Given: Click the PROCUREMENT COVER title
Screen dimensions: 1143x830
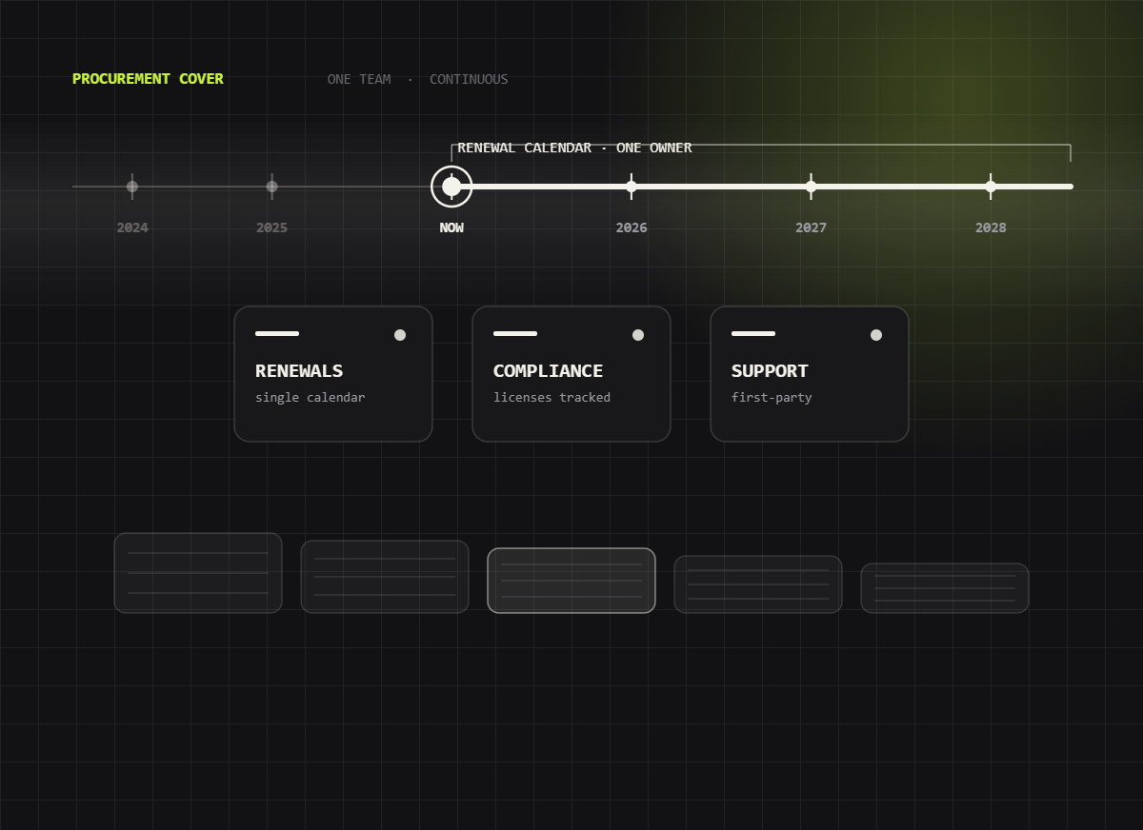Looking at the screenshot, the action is [148, 79].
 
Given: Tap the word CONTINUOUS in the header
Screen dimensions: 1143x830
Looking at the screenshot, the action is [469, 80].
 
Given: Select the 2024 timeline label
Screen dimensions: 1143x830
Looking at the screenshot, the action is [132, 227].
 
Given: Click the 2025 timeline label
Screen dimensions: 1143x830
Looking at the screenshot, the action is [272, 227].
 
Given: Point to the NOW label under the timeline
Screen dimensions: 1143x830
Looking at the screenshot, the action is [451, 227].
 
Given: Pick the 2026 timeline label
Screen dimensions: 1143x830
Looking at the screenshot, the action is [632, 227].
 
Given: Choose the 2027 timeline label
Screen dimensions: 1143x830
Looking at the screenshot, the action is [811, 227].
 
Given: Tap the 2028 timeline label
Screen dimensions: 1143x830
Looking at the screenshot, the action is [991, 227].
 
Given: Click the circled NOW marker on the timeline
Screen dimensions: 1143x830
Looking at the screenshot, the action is [451, 187].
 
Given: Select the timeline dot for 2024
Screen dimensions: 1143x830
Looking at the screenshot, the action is [132, 187].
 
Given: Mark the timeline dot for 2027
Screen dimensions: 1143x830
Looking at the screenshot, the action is [811, 187].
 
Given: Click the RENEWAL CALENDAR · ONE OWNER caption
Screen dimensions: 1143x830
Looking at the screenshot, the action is [574, 148].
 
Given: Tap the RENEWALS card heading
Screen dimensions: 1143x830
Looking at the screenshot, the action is [299, 371].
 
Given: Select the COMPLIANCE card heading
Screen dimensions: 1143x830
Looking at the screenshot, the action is [548, 371].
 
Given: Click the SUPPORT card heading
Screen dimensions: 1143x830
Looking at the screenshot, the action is [770, 371].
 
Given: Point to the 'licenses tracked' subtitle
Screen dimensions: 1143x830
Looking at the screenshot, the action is [551, 398].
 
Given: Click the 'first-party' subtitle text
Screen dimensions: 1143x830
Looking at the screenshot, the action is [772, 398].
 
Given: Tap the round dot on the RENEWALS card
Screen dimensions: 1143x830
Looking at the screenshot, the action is [400, 335].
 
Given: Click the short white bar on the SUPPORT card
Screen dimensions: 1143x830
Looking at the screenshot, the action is [753, 333].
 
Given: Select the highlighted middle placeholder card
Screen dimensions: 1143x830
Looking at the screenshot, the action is [571, 581].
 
